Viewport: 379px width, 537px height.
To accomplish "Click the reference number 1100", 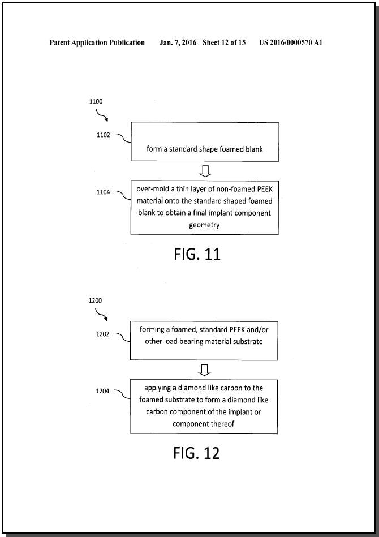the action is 96,101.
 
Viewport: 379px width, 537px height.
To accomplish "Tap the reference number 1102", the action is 104,135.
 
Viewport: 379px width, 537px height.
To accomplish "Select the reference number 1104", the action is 103,192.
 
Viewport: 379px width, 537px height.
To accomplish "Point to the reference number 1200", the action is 95,300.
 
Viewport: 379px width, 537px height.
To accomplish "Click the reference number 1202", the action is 103,334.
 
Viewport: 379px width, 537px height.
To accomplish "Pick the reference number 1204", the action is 102,391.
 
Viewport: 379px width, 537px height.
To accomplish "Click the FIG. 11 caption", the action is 197,254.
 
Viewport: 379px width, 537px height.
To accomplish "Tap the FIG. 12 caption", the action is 196,453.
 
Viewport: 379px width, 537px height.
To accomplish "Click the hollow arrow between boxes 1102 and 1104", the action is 205,171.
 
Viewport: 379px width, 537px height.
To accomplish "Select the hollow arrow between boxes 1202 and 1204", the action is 204,370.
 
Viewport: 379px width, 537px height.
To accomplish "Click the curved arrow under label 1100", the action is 101,116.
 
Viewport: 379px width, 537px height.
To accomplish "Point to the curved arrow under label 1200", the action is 101,315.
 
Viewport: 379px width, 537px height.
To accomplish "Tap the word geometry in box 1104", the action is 204,225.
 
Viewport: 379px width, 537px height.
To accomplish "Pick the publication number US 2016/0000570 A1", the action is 291,42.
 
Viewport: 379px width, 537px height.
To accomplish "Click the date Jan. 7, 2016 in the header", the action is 178,42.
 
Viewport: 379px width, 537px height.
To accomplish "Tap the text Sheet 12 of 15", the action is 224,42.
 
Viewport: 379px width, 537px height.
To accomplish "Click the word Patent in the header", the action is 59,42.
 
